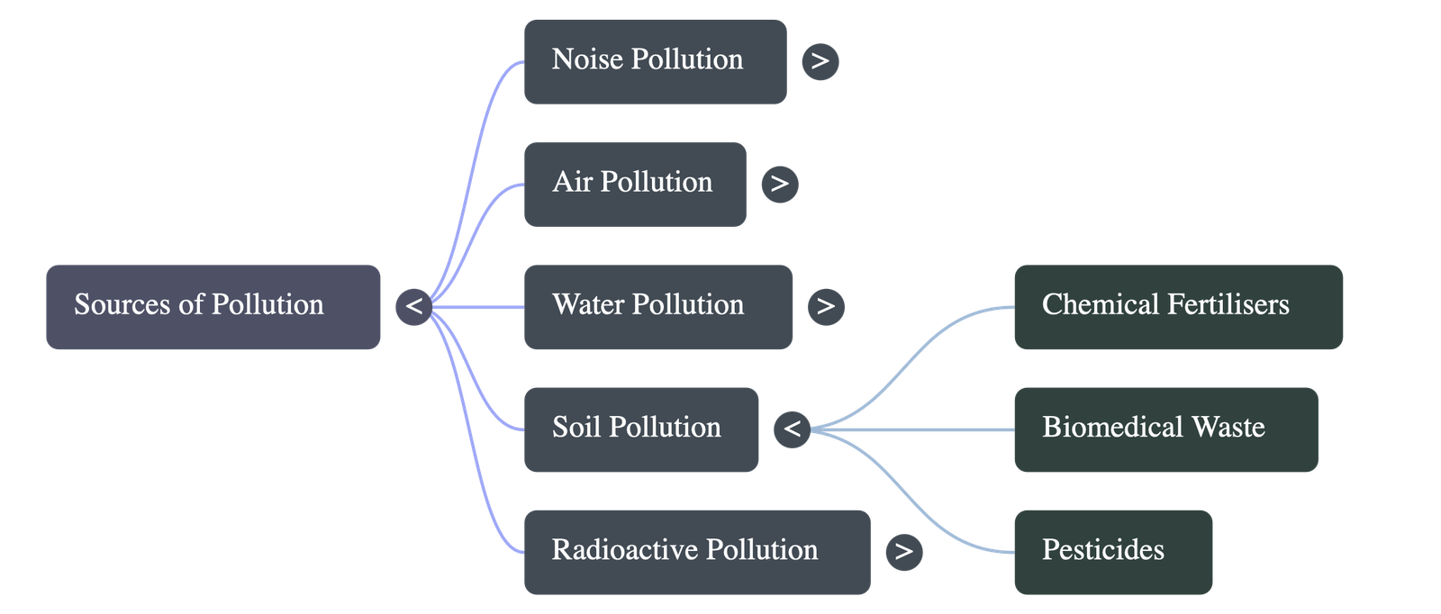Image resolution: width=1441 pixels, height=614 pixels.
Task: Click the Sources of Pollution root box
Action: (x=213, y=306)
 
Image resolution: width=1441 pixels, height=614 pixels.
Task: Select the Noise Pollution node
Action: (x=655, y=61)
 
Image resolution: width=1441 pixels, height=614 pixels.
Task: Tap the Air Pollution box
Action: (x=634, y=184)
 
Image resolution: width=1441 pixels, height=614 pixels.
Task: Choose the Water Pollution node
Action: (x=658, y=306)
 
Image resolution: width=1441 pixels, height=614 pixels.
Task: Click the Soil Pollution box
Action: (x=640, y=429)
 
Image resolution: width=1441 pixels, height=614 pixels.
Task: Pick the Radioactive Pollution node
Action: (x=697, y=552)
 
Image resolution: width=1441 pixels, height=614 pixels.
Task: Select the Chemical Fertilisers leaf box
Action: (x=1178, y=306)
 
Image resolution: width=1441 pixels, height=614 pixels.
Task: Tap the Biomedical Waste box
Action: (x=1165, y=429)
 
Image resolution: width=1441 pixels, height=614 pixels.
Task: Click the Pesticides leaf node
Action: (x=1113, y=552)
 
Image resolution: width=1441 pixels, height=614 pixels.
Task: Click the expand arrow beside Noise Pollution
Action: (x=820, y=61)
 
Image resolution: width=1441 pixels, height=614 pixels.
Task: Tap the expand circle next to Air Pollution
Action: (x=779, y=184)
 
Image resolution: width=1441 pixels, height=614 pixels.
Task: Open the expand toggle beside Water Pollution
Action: (x=826, y=306)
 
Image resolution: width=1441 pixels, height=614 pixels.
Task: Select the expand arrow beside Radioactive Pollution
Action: (x=903, y=551)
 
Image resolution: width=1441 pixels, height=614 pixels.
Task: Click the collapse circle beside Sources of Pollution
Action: (x=413, y=306)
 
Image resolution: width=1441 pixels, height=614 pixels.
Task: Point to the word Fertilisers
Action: (x=1228, y=305)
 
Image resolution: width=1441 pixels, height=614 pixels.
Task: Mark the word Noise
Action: (x=587, y=59)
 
